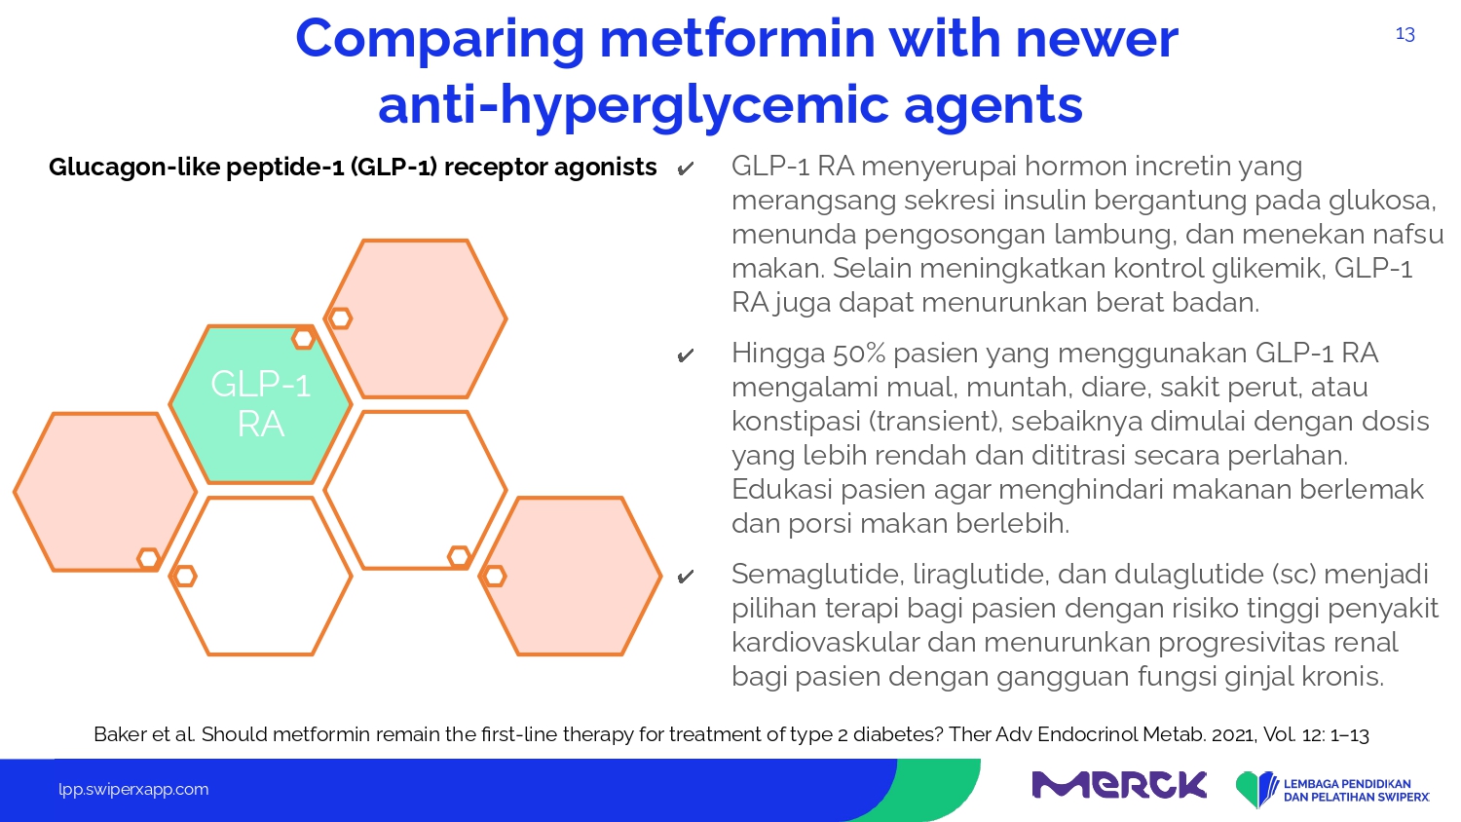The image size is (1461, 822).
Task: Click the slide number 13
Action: (x=1405, y=34)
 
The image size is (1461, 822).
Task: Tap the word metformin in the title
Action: (x=737, y=39)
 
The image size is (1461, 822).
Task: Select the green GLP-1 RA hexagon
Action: (x=261, y=404)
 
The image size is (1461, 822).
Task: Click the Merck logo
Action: (x=1118, y=785)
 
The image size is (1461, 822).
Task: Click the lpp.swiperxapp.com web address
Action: (x=133, y=790)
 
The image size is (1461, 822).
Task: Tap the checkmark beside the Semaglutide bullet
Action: (x=685, y=577)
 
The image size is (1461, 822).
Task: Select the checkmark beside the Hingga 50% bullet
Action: (x=685, y=355)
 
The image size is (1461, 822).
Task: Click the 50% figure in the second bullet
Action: (x=859, y=353)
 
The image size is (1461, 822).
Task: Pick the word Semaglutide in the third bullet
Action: (x=816, y=575)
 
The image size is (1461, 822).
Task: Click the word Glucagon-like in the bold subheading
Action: (x=133, y=167)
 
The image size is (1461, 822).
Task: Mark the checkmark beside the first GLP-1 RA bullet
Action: (x=685, y=168)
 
